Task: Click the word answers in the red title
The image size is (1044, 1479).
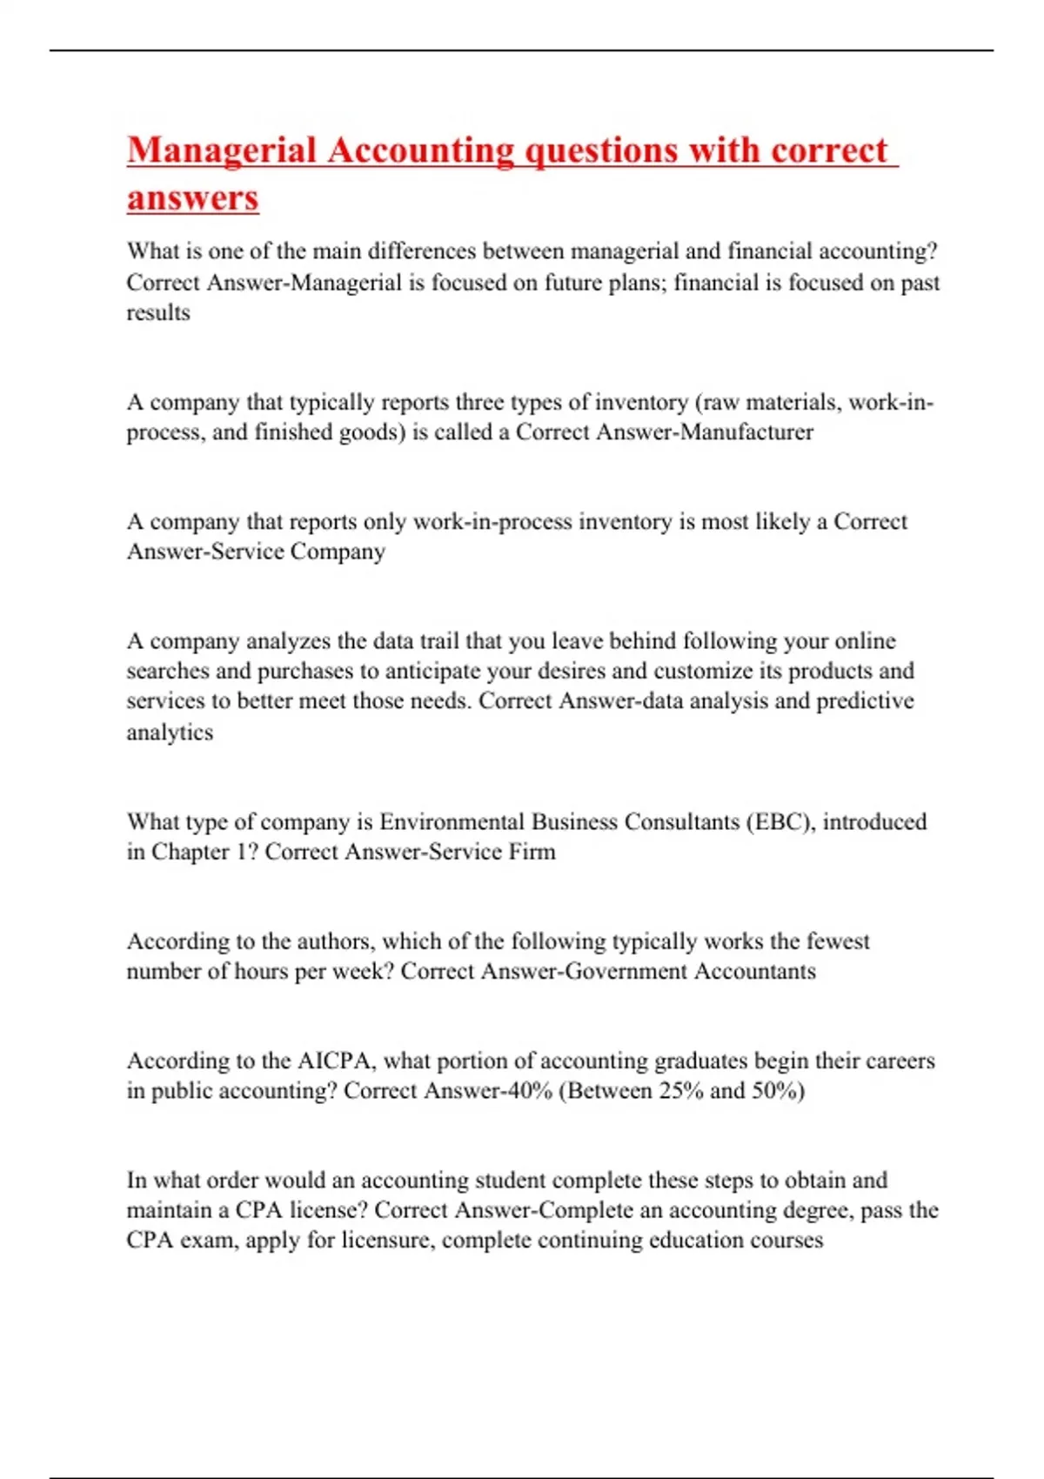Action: click(x=192, y=197)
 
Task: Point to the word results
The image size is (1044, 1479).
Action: click(x=158, y=312)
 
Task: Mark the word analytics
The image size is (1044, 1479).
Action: click(x=170, y=732)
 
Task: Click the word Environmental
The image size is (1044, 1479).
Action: click(x=452, y=822)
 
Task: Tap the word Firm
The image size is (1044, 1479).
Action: click(x=532, y=852)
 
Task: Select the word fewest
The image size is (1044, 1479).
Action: click(x=838, y=941)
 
